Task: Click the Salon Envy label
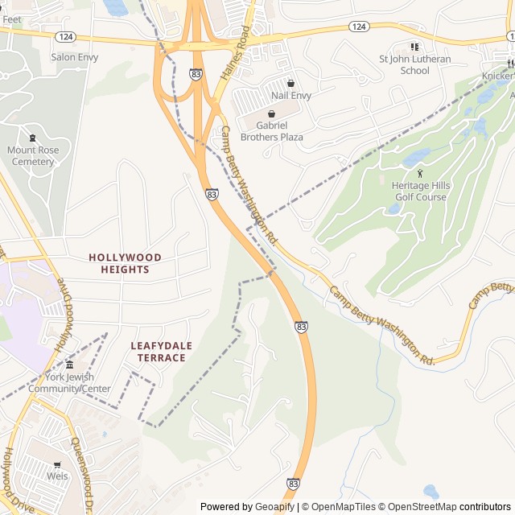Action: tap(74, 57)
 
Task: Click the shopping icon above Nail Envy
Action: tap(290, 83)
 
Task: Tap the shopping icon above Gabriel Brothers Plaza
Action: tap(271, 114)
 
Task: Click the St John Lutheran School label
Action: tap(414, 64)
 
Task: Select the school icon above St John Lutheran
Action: tap(415, 47)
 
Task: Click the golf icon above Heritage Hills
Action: tap(419, 174)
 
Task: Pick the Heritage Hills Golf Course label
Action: tap(419, 192)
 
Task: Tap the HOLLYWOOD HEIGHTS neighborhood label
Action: tap(125, 263)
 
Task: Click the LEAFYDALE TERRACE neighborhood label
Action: tap(162, 352)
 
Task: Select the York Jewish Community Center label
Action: tap(69, 383)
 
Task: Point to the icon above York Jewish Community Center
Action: tap(69, 365)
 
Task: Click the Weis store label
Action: tap(57, 476)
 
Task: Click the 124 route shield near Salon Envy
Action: tap(66, 37)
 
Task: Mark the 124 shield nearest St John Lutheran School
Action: tap(359, 27)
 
